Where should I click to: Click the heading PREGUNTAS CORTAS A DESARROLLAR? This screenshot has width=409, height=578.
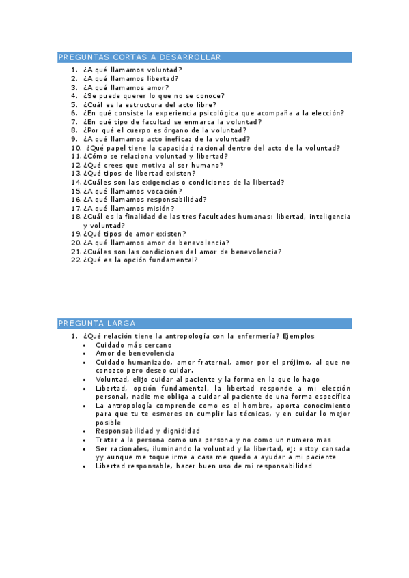click(140, 57)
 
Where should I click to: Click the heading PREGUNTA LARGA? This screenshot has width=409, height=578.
click(97, 323)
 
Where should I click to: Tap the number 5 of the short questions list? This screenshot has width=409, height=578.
click(74, 105)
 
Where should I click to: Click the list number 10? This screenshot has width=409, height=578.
click(75, 148)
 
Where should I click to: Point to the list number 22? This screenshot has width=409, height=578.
click(75, 260)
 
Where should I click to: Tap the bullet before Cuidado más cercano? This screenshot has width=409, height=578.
click(84, 345)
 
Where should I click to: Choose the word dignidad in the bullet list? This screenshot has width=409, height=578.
click(180, 431)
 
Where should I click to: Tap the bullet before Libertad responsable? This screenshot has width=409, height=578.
click(84, 466)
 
